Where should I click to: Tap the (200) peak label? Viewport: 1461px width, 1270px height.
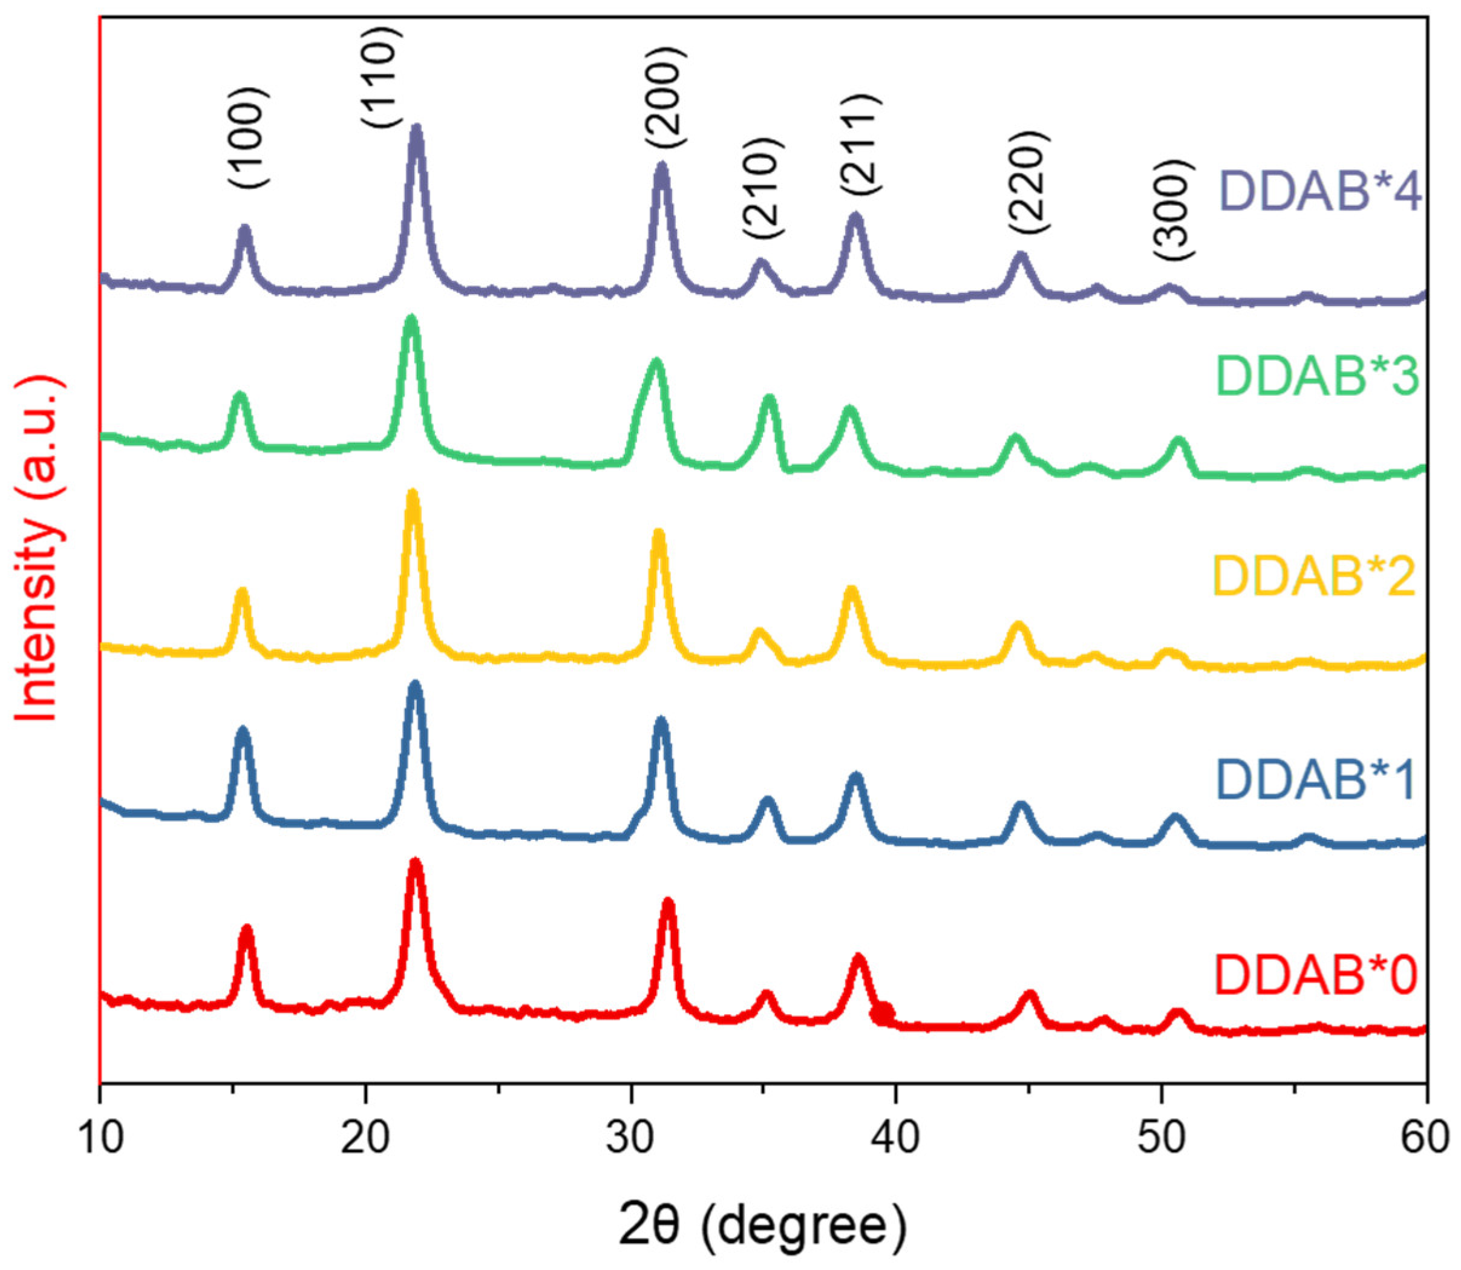(x=666, y=98)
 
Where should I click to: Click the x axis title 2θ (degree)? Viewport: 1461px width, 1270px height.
(x=762, y=1227)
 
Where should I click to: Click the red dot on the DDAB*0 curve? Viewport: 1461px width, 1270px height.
(x=883, y=1013)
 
